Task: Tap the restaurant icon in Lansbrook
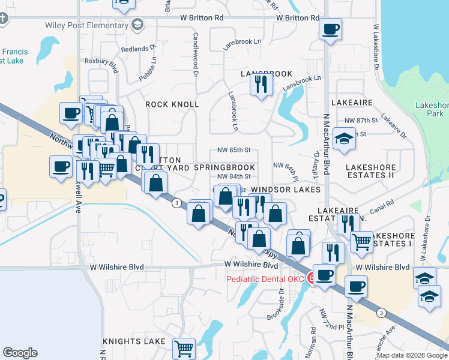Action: pos(261,85)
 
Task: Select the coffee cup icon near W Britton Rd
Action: pos(330,29)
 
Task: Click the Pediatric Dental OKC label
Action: pos(266,279)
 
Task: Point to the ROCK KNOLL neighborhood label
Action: pos(172,104)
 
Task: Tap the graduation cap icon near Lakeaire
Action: pos(343,140)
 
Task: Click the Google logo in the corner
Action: pos(20,352)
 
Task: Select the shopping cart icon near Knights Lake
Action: pos(184,347)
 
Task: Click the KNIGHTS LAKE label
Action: pos(133,341)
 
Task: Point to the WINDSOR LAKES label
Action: pos(285,190)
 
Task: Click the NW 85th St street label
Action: pos(233,150)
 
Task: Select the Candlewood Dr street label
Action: pos(196,55)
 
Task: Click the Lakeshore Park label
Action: pos(432,109)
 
